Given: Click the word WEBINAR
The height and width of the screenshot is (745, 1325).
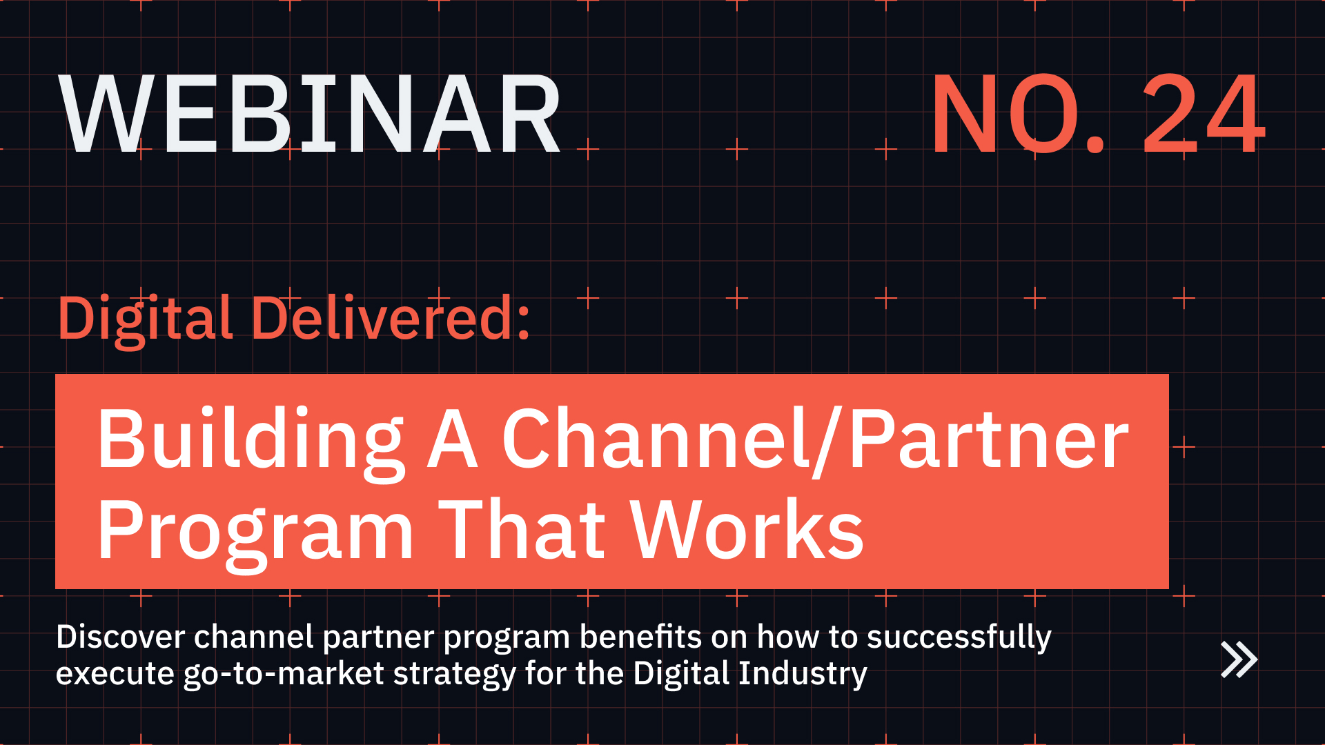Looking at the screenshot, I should pos(311,115).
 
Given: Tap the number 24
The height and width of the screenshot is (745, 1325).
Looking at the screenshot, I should pos(1204,115).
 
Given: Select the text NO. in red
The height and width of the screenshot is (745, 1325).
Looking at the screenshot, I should pos(1018,115).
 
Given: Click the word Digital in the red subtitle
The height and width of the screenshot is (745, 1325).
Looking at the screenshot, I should pos(145,319).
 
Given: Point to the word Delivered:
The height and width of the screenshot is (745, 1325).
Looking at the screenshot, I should pos(391,319).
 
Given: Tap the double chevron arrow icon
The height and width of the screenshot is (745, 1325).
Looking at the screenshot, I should pos(1239,659).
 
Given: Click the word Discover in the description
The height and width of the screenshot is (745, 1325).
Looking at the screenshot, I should pos(120,637).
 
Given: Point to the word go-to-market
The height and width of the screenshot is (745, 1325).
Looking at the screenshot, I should pos(283,674).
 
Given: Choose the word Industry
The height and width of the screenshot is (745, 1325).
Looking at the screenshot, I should pos(803,674).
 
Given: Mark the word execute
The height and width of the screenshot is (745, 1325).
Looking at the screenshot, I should pos(115,674).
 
